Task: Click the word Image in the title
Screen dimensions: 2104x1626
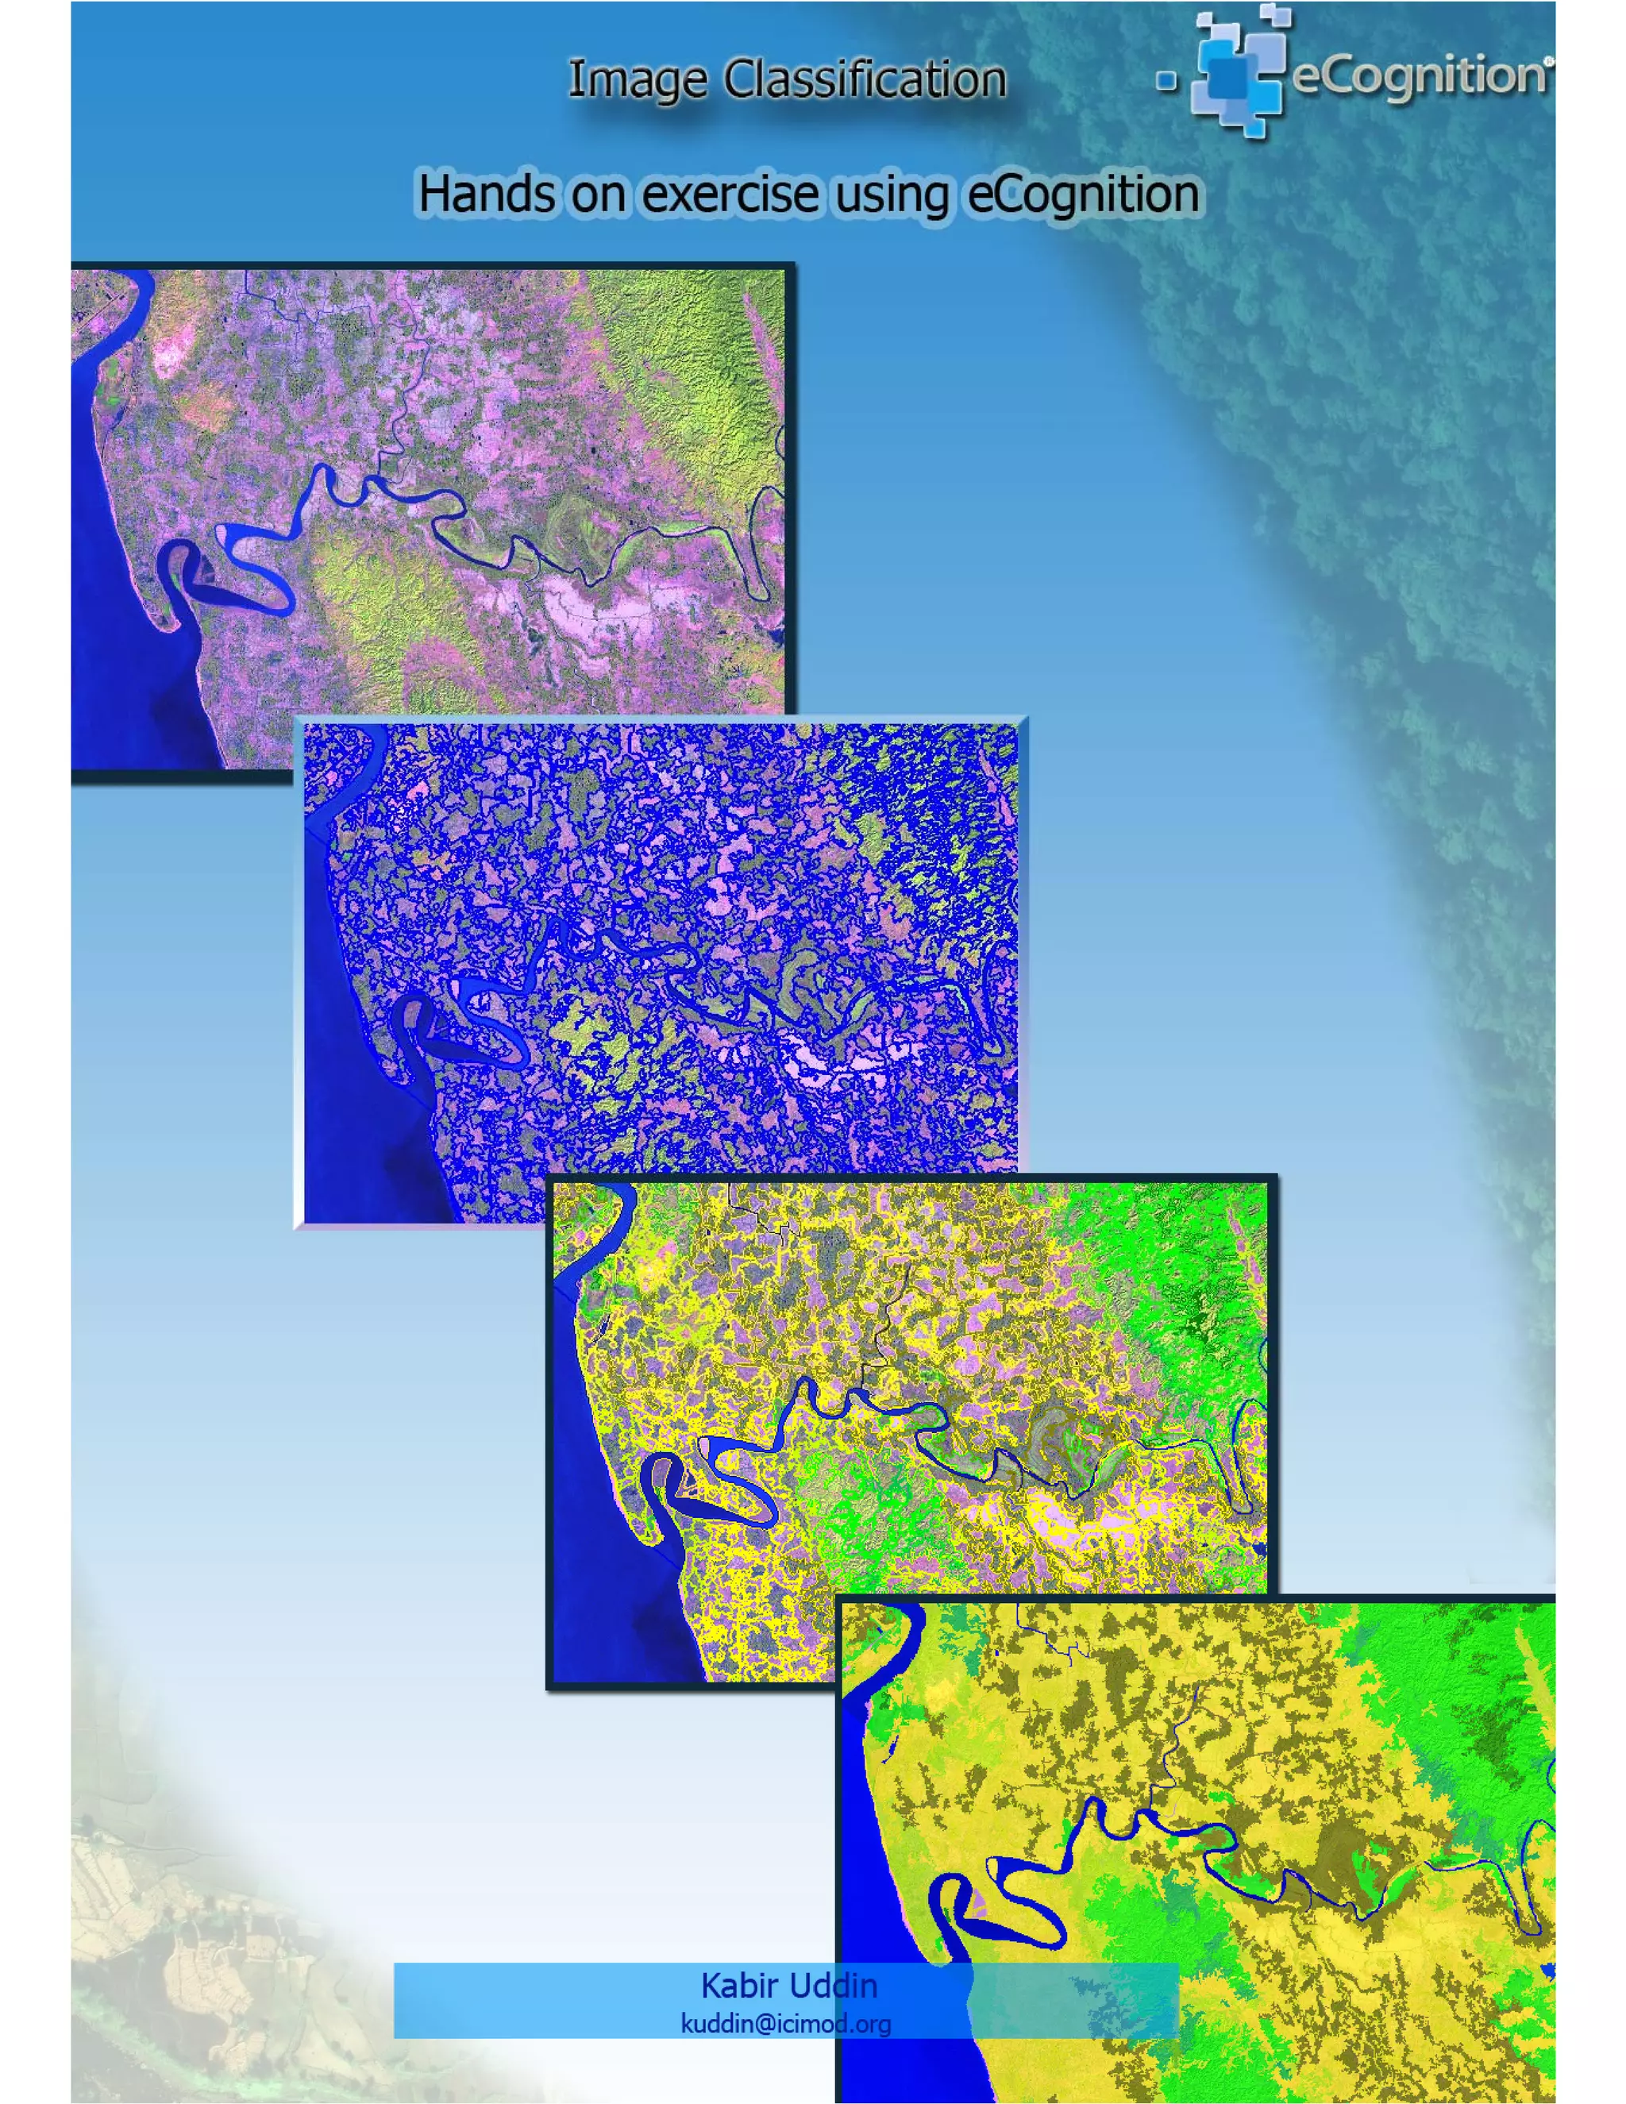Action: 637,80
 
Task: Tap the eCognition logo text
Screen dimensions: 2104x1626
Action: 1418,76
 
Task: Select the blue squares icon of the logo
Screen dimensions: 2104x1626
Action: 1238,72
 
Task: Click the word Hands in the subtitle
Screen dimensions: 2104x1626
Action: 485,194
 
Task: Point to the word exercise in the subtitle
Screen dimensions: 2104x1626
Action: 730,194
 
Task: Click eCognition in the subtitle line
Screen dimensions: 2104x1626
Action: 1083,195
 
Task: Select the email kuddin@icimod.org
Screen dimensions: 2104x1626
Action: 785,2023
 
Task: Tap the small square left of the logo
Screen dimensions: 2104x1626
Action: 1166,81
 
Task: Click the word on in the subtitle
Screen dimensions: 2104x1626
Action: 597,194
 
